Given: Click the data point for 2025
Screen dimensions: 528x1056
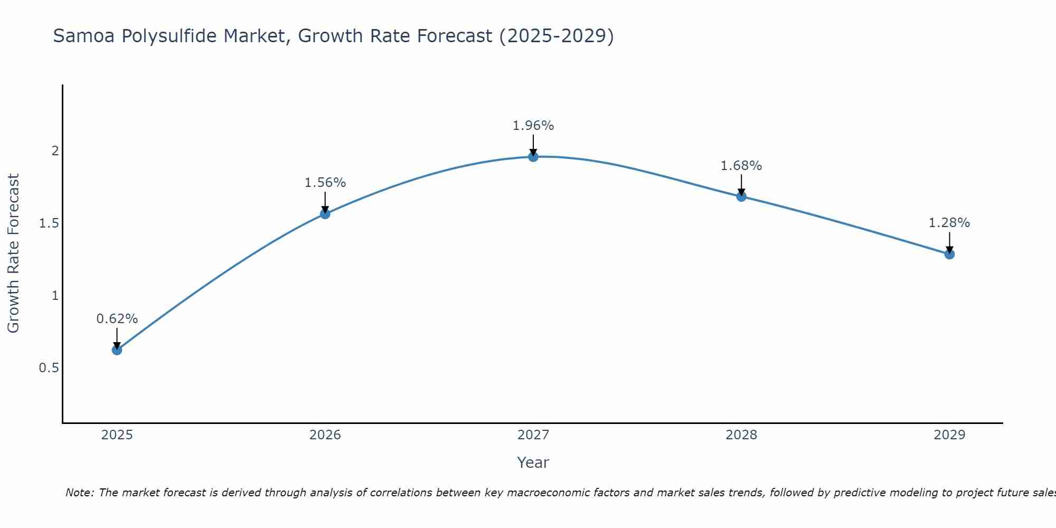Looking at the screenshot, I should [117, 350].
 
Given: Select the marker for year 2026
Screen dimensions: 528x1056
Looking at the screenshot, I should [325, 214].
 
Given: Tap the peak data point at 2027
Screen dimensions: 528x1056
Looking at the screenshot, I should [533, 156].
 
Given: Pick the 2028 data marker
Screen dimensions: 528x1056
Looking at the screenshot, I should [741, 196].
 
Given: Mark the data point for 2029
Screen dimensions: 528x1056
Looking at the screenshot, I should [949, 254].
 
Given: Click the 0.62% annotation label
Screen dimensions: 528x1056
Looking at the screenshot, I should [117, 319].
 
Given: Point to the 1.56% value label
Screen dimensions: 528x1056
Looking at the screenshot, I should [325, 183].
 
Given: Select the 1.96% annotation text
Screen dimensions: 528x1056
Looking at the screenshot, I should [533, 126].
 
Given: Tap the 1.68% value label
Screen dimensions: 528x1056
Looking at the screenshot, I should [741, 166].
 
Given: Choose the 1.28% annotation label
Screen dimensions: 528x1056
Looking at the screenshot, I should [949, 223].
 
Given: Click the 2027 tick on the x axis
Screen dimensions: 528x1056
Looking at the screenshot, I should [533, 435].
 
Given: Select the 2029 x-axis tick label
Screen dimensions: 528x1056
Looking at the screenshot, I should [949, 435].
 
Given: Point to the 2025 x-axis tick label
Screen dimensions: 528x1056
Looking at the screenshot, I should [117, 435].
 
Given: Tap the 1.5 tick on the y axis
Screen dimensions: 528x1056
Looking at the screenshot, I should [49, 223].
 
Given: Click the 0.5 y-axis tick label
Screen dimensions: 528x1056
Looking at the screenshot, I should [49, 368].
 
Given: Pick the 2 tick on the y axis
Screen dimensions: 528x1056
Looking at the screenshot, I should [55, 151].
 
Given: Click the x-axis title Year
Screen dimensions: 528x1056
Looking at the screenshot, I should [533, 463].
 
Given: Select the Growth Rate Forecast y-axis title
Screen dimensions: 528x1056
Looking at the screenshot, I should [13, 253].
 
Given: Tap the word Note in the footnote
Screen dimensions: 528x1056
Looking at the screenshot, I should [79, 493].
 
